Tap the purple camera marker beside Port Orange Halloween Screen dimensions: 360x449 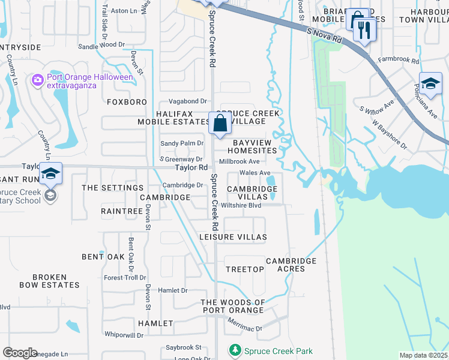(38, 79)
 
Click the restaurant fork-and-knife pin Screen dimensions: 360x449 (364, 29)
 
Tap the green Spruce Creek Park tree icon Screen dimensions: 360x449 (235, 350)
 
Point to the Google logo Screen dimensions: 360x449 (20, 353)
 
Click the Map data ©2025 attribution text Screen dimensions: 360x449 (423, 355)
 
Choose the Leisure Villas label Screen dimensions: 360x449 (233, 237)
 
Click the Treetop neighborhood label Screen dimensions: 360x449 (245, 269)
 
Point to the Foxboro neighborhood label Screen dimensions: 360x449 (127, 102)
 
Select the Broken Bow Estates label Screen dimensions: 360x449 (49, 281)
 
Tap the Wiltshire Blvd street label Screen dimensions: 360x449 (241, 205)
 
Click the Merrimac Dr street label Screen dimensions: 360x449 (245, 325)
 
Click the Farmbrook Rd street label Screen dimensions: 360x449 (399, 60)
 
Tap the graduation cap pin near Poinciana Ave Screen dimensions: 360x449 (430, 85)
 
